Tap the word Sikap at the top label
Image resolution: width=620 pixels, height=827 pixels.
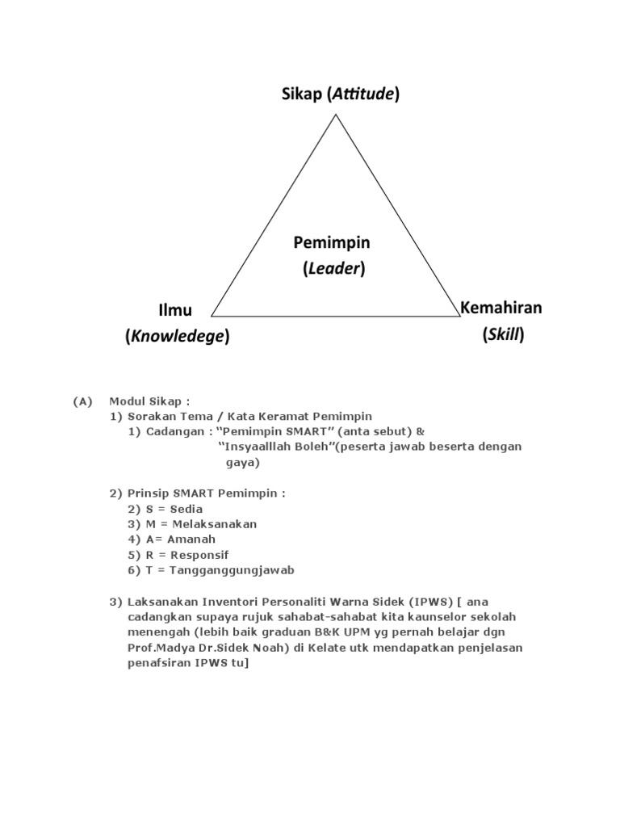(301, 95)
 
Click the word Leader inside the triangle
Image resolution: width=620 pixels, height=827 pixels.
(334, 269)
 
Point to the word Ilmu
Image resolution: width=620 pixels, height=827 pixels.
(175, 310)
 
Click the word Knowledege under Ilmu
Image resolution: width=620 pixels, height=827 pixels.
(178, 337)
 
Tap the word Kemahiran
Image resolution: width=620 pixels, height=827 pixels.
(501, 308)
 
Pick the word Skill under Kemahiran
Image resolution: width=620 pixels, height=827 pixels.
(504, 334)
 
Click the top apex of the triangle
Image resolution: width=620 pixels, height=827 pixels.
(336, 115)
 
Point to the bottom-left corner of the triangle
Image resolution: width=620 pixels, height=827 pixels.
(212, 315)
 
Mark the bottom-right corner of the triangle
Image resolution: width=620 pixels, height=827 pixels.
(459, 315)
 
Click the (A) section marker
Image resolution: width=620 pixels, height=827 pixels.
(83, 401)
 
